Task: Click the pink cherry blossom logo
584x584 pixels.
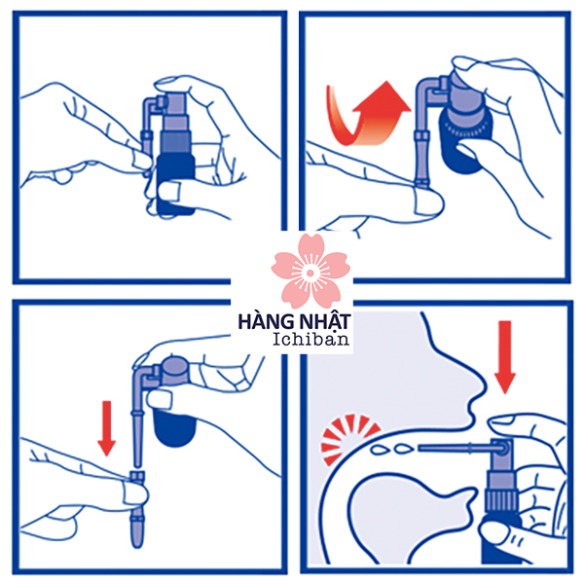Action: [310, 272]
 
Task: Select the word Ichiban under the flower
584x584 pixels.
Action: [311, 339]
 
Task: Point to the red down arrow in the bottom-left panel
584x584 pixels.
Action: [107, 428]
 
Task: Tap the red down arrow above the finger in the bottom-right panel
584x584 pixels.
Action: [505, 357]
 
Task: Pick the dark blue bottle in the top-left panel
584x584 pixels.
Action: [176, 183]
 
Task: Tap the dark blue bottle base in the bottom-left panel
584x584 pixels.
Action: [174, 427]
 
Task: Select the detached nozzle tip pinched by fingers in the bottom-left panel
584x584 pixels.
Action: [137, 509]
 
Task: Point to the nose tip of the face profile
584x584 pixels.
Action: [484, 387]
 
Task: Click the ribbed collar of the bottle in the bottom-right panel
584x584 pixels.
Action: [501, 501]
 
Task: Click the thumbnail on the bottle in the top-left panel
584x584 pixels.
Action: [168, 192]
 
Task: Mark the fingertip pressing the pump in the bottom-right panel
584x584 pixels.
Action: [501, 423]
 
